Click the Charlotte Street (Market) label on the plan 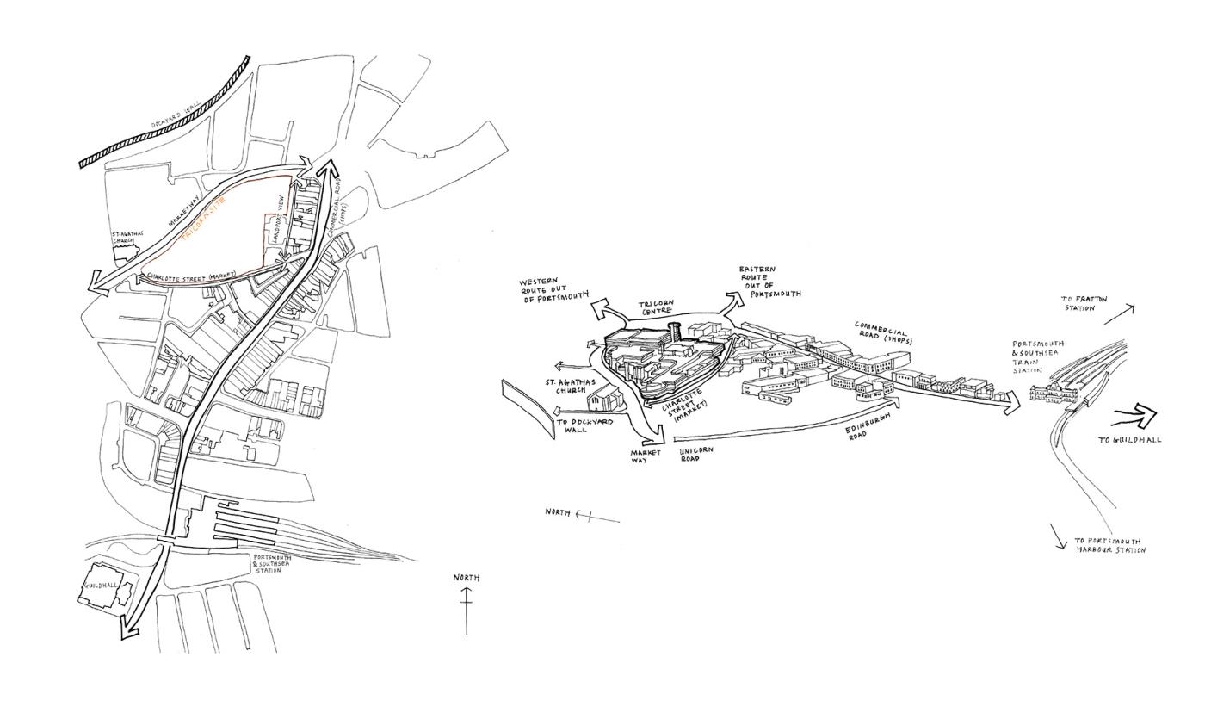[x=190, y=276]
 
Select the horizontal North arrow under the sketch [x=596, y=517]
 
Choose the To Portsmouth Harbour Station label [x=1109, y=546]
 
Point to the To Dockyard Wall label [x=584, y=425]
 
